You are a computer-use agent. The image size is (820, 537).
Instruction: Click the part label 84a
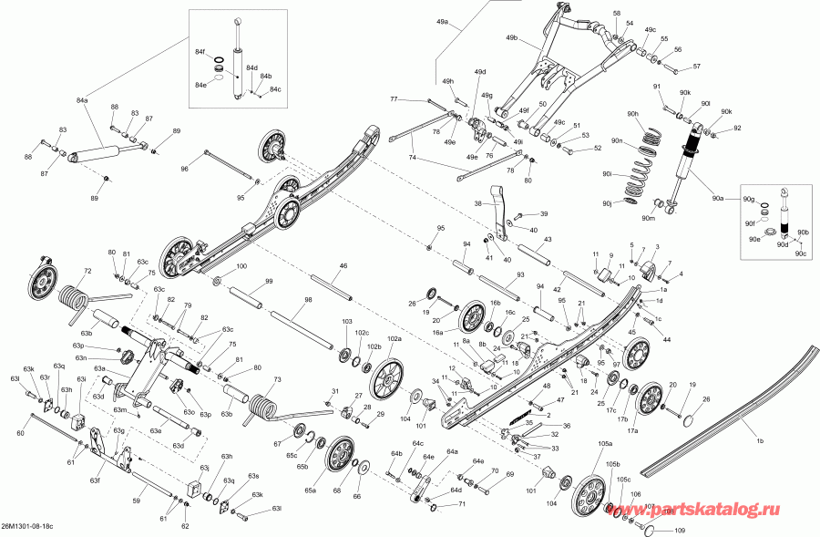pos(83,99)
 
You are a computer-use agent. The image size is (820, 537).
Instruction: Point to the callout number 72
pos(88,272)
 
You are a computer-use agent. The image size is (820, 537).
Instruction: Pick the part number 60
pos(20,433)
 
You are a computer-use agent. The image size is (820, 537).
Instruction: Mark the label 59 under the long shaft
pos(137,501)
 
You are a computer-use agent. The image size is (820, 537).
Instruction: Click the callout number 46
pos(343,265)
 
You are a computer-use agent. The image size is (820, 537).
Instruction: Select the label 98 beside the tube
pos(308,300)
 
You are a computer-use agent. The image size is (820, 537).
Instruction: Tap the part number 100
pos(241,266)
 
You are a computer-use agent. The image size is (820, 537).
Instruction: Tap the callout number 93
pos(520,274)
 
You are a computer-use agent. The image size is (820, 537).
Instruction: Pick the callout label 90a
pos(718,197)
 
